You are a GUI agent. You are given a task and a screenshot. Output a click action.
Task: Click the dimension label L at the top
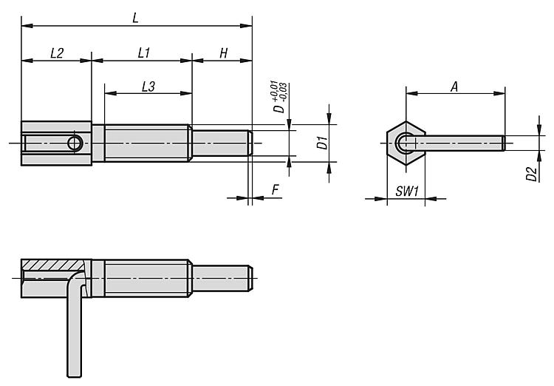135,17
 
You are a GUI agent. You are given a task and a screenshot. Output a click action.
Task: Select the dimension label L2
56,53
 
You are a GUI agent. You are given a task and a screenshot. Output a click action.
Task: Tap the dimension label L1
144,53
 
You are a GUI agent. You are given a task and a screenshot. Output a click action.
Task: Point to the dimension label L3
148,87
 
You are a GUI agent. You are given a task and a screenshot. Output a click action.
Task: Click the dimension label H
222,53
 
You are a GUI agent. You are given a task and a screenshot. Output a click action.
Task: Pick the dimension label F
275,190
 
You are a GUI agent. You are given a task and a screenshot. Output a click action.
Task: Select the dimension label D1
321,143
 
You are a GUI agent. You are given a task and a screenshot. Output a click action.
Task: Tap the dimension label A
454,87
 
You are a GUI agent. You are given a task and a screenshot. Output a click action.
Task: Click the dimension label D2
530,175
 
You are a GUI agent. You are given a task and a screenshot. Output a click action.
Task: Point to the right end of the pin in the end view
504,143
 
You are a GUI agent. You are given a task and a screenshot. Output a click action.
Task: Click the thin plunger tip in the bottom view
222,278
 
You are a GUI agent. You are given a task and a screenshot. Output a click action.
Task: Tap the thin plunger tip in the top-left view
222,143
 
